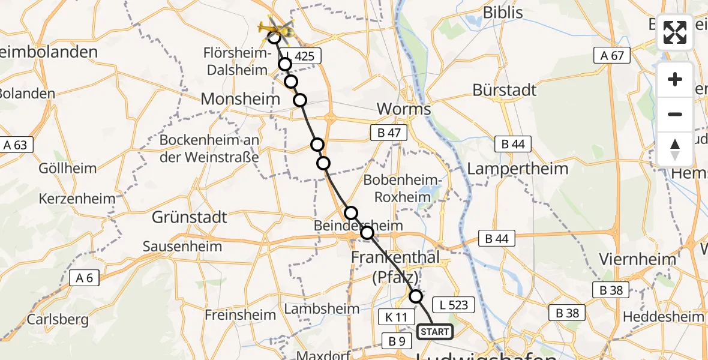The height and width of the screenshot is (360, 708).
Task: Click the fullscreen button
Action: (675, 32)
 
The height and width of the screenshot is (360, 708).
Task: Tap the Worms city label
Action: (403, 110)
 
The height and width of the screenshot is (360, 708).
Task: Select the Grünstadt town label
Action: (189, 217)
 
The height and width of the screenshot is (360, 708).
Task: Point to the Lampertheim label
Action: (517, 169)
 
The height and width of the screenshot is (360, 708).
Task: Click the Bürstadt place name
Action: (505, 91)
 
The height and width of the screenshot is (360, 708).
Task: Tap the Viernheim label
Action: (638, 260)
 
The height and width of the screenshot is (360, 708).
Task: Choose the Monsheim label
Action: (241, 100)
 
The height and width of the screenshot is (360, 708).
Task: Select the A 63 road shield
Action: (17, 145)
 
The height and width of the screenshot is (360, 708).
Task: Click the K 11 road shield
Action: (393, 316)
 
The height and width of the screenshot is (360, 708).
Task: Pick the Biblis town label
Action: (503, 13)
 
